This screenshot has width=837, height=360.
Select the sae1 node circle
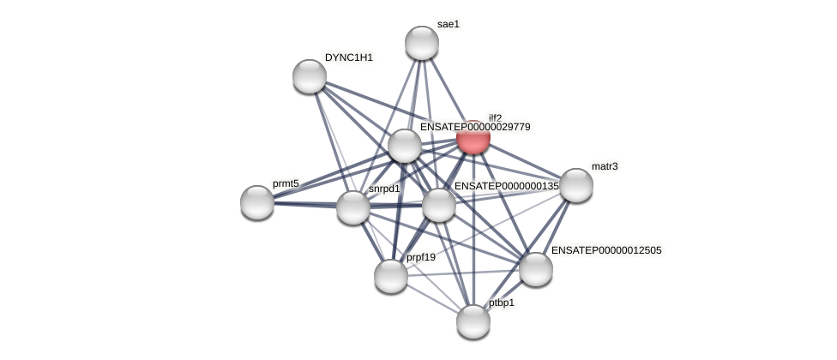tap(422, 43)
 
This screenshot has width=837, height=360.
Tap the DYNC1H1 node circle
tap(310, 76)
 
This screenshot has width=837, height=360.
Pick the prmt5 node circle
tap(257, 202)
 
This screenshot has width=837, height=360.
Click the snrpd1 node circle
tap(353, 207)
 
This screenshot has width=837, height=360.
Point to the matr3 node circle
tap(576, 185)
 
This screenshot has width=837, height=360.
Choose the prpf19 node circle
tap(391, 276)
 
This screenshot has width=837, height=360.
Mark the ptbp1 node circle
tap(473, 321)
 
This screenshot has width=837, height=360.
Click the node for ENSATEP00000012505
tap(536, 269)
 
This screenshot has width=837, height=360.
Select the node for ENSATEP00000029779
tap(405, 146)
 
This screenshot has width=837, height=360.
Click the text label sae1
tap(449, 24)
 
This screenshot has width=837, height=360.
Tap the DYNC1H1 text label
tap(349, 57)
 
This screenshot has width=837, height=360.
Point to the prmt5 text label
tap(286, 183)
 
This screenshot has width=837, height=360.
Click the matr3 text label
tap(605, 166)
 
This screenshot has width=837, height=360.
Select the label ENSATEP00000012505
tap(606, 250)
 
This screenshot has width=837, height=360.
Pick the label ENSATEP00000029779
tap(475, 127)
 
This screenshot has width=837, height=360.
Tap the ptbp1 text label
tap(502, 303)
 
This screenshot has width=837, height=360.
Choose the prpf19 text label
tap(421, 257)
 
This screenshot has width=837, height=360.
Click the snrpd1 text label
tap(384, 189)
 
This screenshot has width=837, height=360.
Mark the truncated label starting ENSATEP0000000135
tap(506, 186)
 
